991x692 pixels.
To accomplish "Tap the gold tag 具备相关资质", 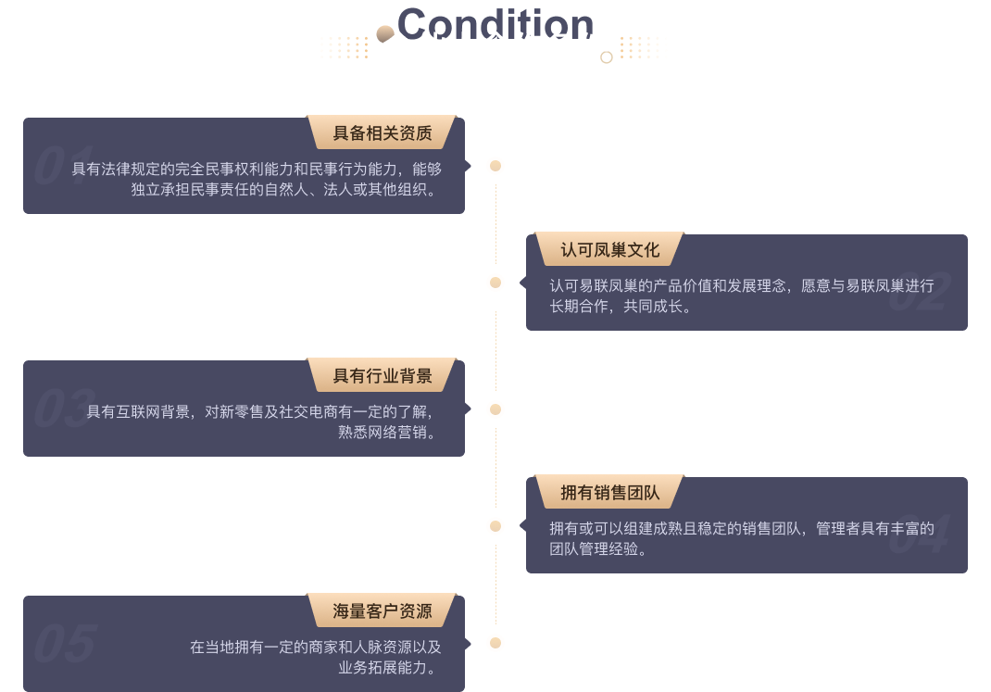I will [x=383, y=132].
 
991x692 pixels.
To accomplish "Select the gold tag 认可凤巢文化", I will [x=609, y=249].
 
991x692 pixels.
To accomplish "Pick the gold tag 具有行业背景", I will [x=383, y=375].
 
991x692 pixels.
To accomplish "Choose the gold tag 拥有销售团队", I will [x=609, y=492].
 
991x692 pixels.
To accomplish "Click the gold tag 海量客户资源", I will [x=383, y=610].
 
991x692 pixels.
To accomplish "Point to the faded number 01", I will [x=64, y=166].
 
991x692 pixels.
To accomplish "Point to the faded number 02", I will [x=919, y=293].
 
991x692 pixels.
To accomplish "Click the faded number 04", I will [x=919, y=536].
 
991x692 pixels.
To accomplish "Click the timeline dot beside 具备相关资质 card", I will [x=495, y=166].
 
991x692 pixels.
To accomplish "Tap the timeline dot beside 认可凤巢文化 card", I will [x=495, y=283].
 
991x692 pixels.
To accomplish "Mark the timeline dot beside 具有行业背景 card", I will [x=495, y=409].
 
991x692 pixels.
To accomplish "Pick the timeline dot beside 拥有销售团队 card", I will [x=495, y=526].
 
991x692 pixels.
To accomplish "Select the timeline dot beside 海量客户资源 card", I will [x=495, y=643].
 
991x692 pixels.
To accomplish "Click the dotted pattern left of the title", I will [x=344, y=47].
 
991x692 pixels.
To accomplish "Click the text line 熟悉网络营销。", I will [x=386, y=432].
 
